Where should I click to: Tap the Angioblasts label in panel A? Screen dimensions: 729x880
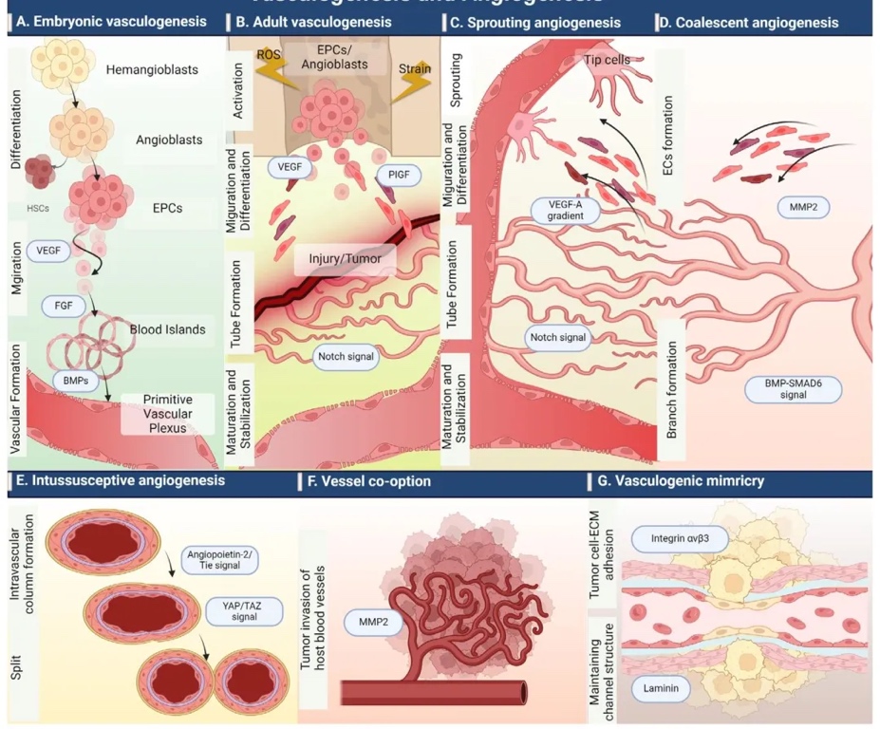click(x=169, y=140)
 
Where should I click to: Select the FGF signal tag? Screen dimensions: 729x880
click(x=65, y=306)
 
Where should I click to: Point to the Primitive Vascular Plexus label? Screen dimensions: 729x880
click(x=168, y=413)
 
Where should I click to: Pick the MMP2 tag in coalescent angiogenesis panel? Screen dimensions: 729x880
click(x=796, y=204)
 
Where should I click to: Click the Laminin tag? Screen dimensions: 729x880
click(x=664, y=688)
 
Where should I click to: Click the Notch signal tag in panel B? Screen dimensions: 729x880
click(x=345, y=358)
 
